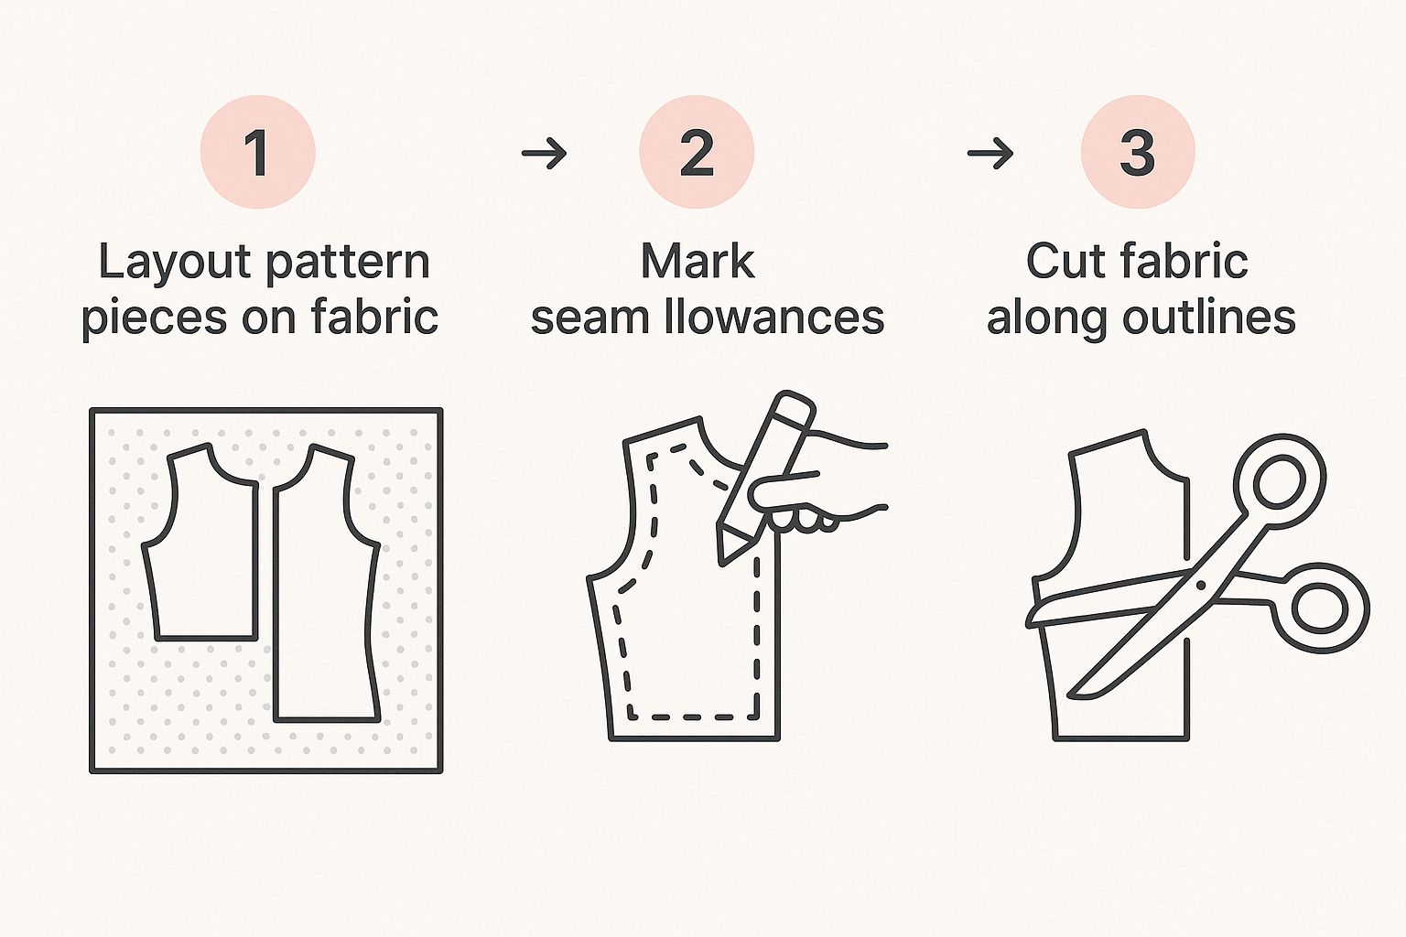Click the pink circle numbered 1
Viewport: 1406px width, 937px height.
[257, 152]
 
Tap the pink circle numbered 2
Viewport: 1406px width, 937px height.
[697, 152]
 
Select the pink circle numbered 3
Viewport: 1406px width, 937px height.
[1138, 152]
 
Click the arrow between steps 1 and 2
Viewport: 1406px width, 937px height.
[545, 153]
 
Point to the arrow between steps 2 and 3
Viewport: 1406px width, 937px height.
[990, 153]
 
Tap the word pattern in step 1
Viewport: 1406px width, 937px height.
[349, 264]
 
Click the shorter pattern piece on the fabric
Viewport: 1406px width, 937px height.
[200, 543]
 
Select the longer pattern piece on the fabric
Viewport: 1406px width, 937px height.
[327, 584]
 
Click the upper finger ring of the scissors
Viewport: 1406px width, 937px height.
[1280, 481]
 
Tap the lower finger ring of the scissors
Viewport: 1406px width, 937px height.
[1320, 609]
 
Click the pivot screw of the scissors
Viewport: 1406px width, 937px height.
[1201, 585]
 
